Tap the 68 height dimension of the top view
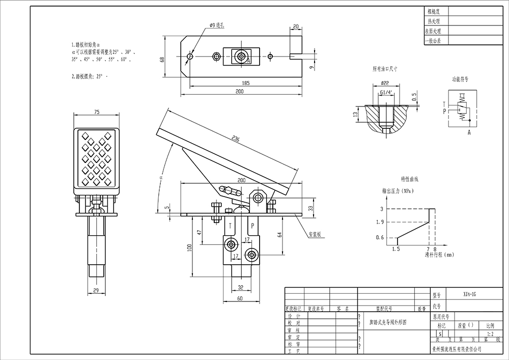162,59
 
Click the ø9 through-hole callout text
216,24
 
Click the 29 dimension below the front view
97,290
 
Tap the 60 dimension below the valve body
240,299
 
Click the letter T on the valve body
231,225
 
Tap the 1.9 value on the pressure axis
379,222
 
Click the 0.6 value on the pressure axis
379,238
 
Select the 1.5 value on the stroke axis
396,250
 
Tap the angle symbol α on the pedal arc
161,178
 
